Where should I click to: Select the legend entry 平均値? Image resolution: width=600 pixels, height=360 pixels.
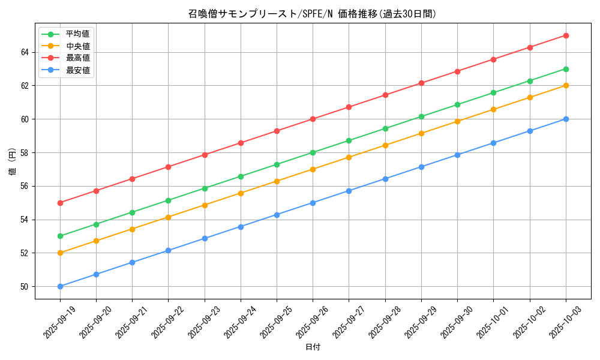77,34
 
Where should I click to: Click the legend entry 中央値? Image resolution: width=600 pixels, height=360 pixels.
77,46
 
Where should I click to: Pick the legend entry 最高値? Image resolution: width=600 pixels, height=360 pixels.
77,58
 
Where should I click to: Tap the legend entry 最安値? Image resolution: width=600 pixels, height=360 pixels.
77,70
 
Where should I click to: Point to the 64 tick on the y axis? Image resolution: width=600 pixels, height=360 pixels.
25,52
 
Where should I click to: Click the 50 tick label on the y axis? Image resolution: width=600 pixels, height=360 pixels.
25,287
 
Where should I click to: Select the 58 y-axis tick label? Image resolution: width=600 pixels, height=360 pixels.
25,152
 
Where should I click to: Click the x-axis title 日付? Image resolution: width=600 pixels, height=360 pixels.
313,347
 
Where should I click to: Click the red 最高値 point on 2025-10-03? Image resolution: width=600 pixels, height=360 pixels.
566,35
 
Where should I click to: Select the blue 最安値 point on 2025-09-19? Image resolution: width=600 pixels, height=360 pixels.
60,286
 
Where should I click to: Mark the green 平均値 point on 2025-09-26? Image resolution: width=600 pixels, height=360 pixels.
313,152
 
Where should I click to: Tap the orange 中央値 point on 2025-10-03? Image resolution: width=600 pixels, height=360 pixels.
566,85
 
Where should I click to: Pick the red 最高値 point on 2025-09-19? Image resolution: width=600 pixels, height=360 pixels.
60,203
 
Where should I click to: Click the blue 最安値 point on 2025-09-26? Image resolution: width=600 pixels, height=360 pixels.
313,203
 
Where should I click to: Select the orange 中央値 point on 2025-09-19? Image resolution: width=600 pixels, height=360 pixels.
60,253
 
